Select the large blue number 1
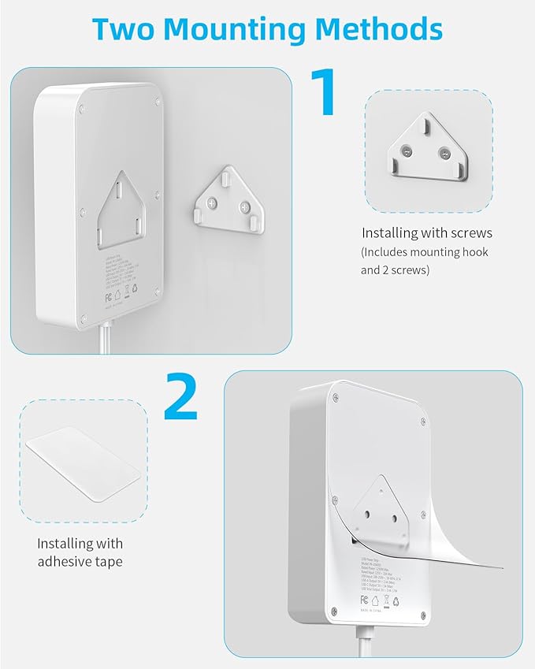coord(323,93)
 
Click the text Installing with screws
coord(426,233)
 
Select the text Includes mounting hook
coord(425,252)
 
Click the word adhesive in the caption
coord(69,561)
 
